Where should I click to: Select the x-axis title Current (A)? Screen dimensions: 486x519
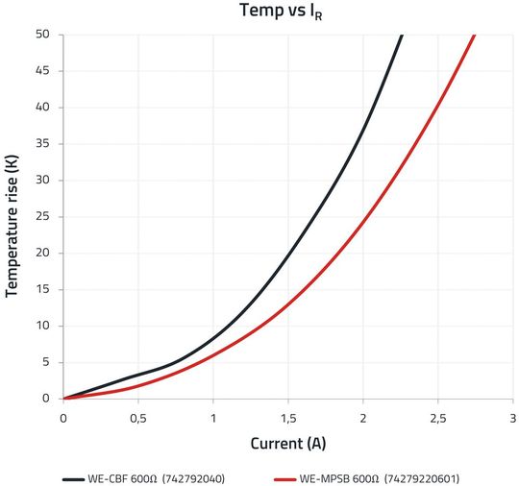tap(288, 444)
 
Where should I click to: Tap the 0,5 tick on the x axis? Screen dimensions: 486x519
tap(138, 418)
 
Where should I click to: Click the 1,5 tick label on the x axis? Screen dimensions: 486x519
tap(288, 418)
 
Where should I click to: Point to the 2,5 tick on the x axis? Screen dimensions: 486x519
tap(438, 418)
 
